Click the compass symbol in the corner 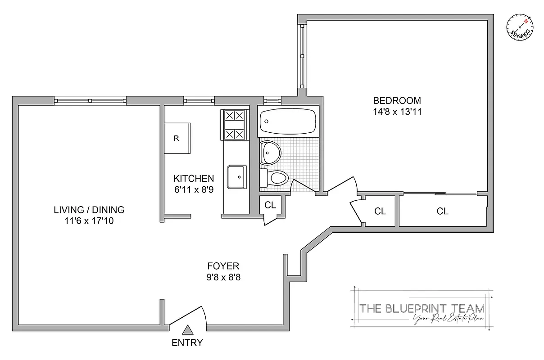coord(519,27)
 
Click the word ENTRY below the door coord(187,342)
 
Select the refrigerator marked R coord(177,138)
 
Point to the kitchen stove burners coord(235,125)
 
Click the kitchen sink coord(236,177)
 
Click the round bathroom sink coord(271,153)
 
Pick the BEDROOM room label coord(397,100)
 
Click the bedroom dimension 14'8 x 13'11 coord(397,112)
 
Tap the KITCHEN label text coord(194,178)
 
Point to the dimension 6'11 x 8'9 coord(194,189)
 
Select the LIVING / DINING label coord(89,210)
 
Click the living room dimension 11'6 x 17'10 coord(89,221)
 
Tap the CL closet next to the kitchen coord(270,206)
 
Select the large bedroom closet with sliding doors coord(442,211)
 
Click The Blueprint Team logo coord(422,309)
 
